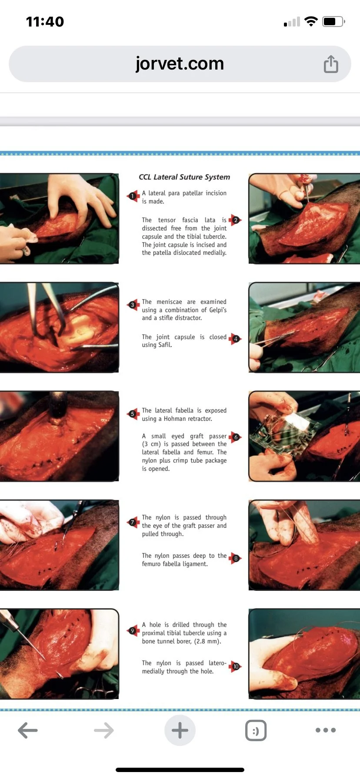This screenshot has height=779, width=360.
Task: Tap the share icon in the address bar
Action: tap(331, 64)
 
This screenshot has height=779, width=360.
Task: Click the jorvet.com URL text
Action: tap(180, 64)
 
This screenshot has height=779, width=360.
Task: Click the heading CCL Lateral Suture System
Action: tap(184, 177)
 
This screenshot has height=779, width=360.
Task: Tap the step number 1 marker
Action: tap(133, 196)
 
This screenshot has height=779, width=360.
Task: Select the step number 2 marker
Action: tap(235, 220)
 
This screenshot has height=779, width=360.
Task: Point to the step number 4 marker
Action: tap(235, 339)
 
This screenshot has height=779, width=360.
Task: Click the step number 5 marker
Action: tap(133, 414)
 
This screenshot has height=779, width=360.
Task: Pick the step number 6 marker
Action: tap(235, 437)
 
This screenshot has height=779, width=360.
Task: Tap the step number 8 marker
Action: tap(235, 558)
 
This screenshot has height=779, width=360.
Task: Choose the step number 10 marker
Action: tap(235, 666)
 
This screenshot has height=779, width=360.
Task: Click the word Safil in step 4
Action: tap(165, 345)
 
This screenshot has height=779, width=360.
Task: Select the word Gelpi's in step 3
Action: tap(217, 310)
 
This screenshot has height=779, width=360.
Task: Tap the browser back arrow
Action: tap(28, 730)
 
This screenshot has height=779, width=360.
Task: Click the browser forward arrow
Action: tap(104, 730)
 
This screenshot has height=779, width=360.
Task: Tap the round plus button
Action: tap(180, 730)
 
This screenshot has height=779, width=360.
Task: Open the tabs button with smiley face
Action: tap(256, 730)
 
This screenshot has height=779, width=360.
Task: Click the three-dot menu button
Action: tap(326, 730)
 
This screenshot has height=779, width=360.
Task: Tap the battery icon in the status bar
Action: tap(333, 21)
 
